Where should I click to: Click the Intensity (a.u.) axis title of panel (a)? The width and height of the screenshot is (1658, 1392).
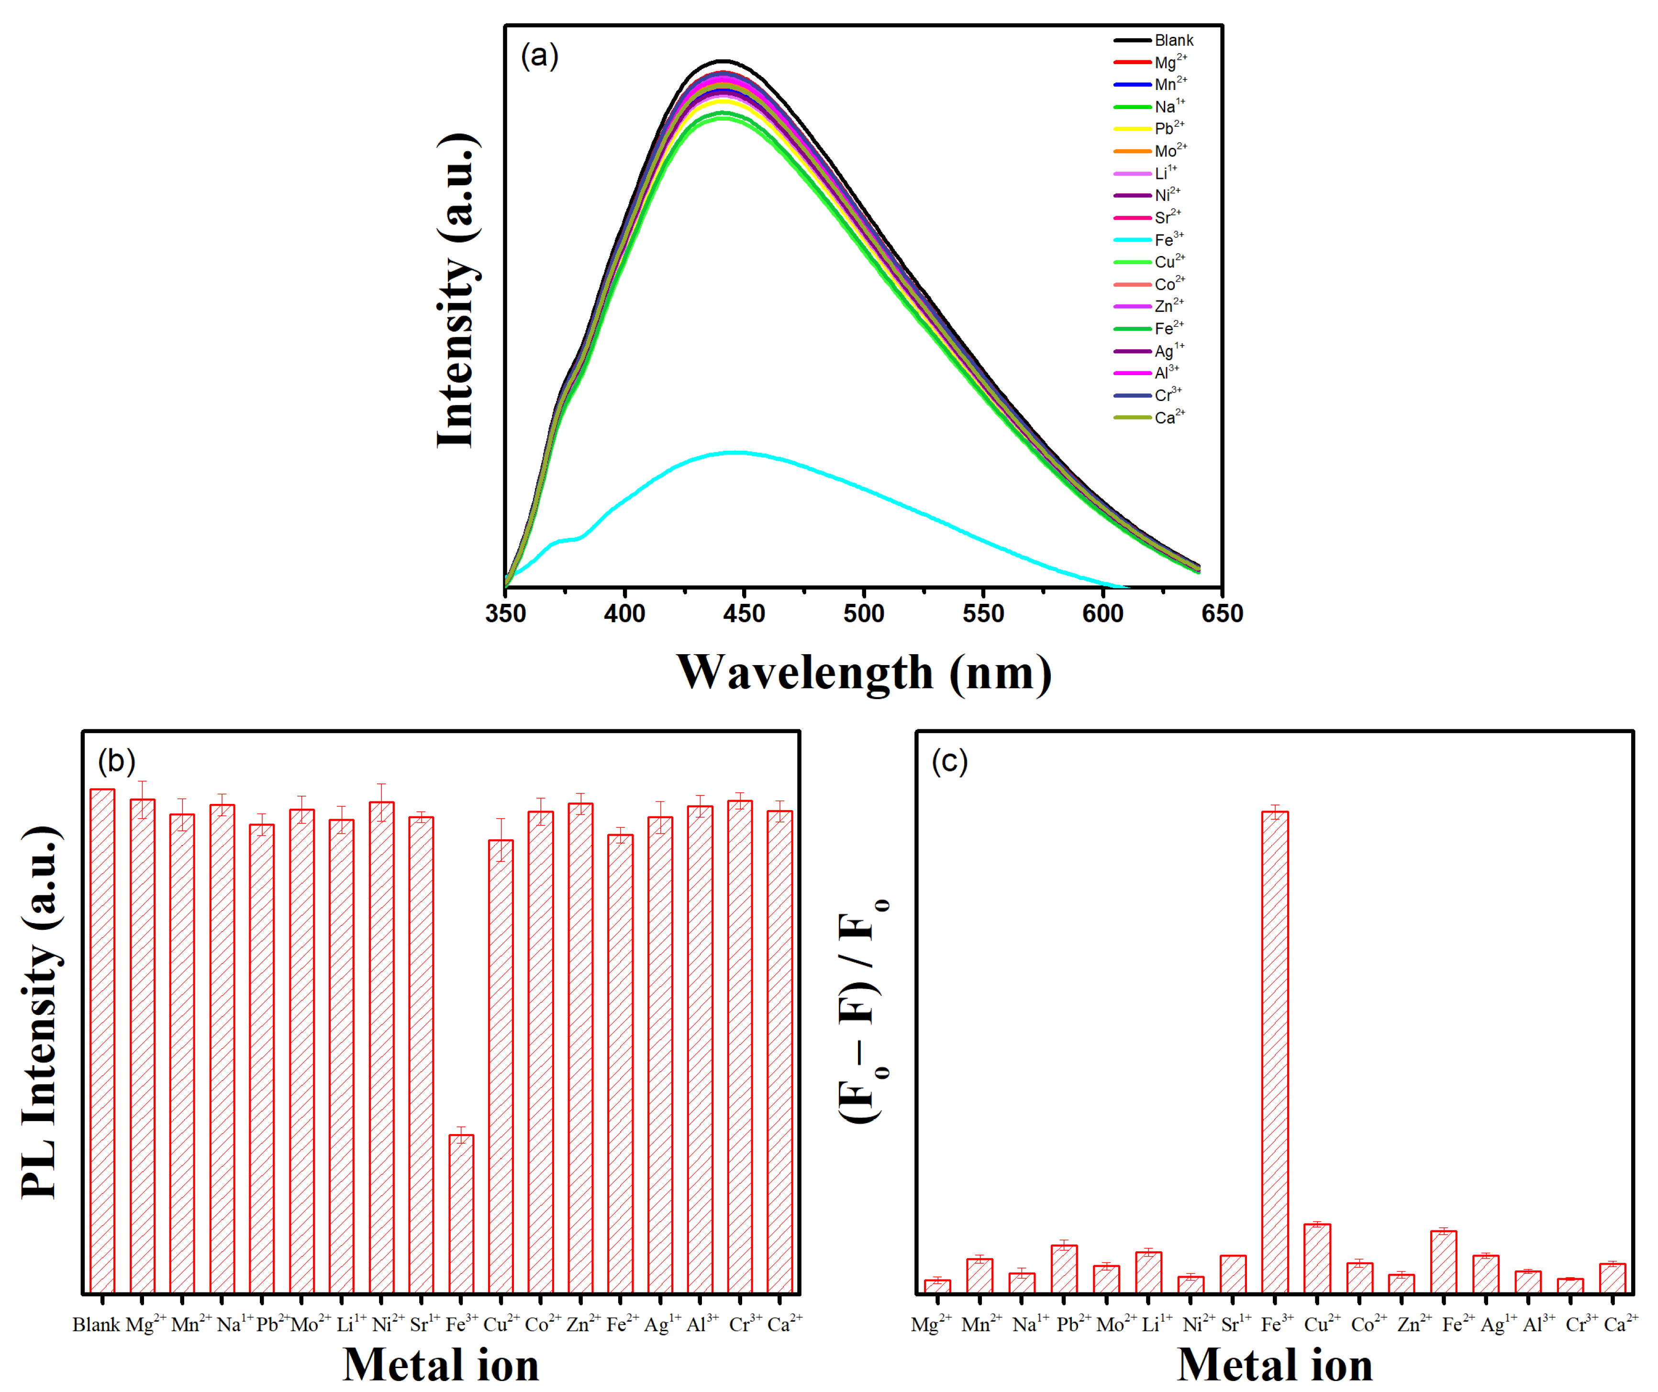point(458,292)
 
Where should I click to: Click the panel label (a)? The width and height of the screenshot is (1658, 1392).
point(539,56)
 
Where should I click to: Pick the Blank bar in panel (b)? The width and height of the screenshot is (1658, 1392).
point(102,1042)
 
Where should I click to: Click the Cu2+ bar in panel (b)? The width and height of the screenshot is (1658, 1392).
point(501,1066)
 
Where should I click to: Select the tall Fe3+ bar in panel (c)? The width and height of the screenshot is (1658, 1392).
point(1275,1050)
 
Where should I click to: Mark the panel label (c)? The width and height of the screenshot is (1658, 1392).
point(949,761)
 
